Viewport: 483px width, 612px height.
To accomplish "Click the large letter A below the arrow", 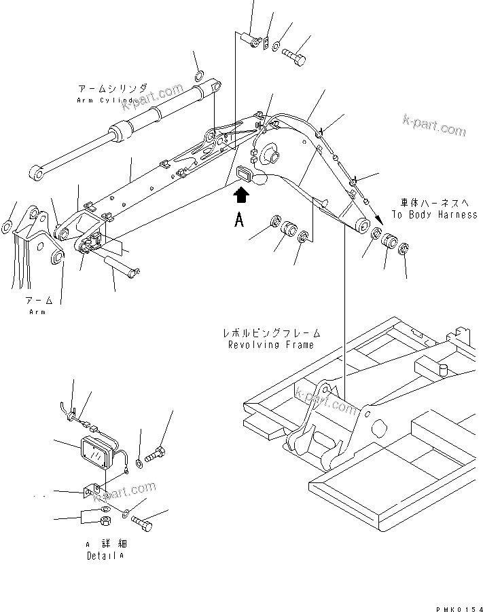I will click(239, 221).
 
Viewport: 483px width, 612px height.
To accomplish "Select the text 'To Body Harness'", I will click(434, 214).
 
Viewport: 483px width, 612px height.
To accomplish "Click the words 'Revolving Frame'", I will click(271, 345).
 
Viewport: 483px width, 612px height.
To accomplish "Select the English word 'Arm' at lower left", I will click(38, 311).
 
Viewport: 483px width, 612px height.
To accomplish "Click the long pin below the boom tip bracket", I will click(122, 263).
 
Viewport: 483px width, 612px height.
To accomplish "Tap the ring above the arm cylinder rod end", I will click(198, 74).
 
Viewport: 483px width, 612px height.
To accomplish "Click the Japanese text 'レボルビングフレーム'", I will click(270, 334).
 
